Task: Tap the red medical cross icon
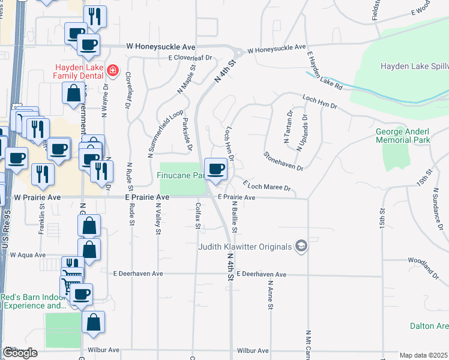coord(112,71)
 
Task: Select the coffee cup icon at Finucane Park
coord(215,169)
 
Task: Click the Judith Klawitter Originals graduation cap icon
coord(301,246)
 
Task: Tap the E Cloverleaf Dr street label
coord(191,58)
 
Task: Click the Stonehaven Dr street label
coord(283,160)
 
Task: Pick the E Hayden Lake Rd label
coord(324,70)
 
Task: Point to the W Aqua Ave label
coord(28,255)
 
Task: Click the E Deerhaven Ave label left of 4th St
coord(138,274)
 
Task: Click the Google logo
coord(20,352)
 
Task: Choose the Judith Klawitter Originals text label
coord(246,247)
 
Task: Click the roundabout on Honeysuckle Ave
coord(237,53)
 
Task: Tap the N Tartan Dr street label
coord(288,129)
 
